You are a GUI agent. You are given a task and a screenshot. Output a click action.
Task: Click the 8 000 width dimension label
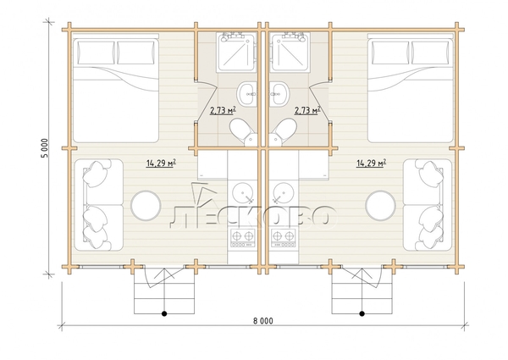point(262,321)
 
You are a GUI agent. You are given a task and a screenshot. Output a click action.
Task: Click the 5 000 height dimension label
point(44,148)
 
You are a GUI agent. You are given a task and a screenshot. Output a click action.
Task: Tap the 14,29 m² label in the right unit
point(371,163)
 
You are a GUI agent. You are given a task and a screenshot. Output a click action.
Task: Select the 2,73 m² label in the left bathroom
point(223,111)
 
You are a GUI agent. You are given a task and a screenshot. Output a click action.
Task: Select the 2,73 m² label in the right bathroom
point(307,111)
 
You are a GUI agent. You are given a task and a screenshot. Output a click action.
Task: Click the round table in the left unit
point(146,206)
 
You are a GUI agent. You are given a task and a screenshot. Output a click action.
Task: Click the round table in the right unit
point(380,206)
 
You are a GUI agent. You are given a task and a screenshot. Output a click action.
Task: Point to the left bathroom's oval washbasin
point(247,93)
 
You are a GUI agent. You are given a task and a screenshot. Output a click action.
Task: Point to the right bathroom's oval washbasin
point(279,93)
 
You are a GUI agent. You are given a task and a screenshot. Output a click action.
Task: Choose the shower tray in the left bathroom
point(236,51)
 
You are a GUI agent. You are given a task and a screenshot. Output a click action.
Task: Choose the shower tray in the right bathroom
point(290,51)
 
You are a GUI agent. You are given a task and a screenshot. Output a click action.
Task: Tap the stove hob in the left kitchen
point(243,238)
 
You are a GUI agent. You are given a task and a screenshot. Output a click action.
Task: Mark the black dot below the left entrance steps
point(164,313)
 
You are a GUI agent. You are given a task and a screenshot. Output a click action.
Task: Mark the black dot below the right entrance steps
point(362,313)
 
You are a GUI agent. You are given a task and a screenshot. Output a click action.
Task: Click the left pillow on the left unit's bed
point(95,53)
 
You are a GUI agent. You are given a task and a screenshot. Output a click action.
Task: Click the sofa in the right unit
point(428,205)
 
